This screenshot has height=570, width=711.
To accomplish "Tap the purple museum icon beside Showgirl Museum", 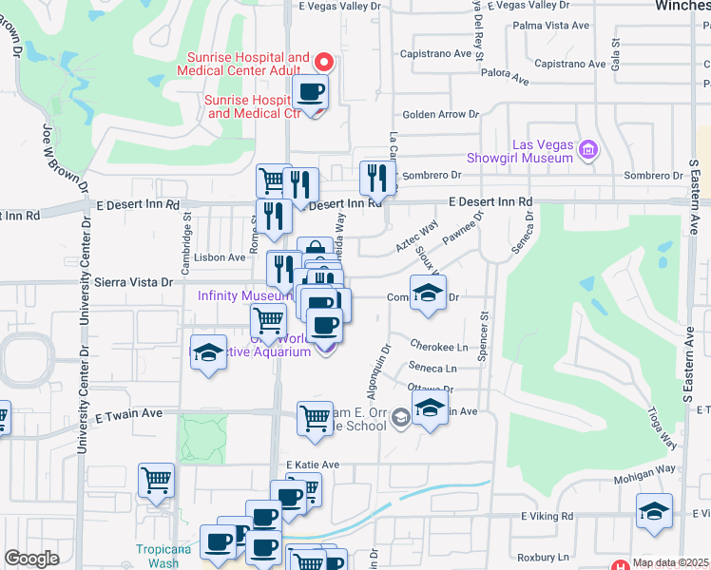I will click(x=588, y=149).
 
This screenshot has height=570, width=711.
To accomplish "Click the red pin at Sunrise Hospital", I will click(x=323, y=64).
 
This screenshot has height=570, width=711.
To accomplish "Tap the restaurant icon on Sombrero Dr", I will click(x=377, y=177).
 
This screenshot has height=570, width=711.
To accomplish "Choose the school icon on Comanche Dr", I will click(x=428, y=293).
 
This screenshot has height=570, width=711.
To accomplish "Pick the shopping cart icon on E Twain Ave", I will click(x=314, y=417).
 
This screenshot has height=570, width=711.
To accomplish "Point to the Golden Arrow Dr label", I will click(x=440, y=114).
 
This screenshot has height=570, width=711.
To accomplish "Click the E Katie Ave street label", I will click(x=314, y=465).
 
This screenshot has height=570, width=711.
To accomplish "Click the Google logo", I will click(x=31, y=558).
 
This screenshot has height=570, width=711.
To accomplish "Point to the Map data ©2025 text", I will click(x=670, y=562).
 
